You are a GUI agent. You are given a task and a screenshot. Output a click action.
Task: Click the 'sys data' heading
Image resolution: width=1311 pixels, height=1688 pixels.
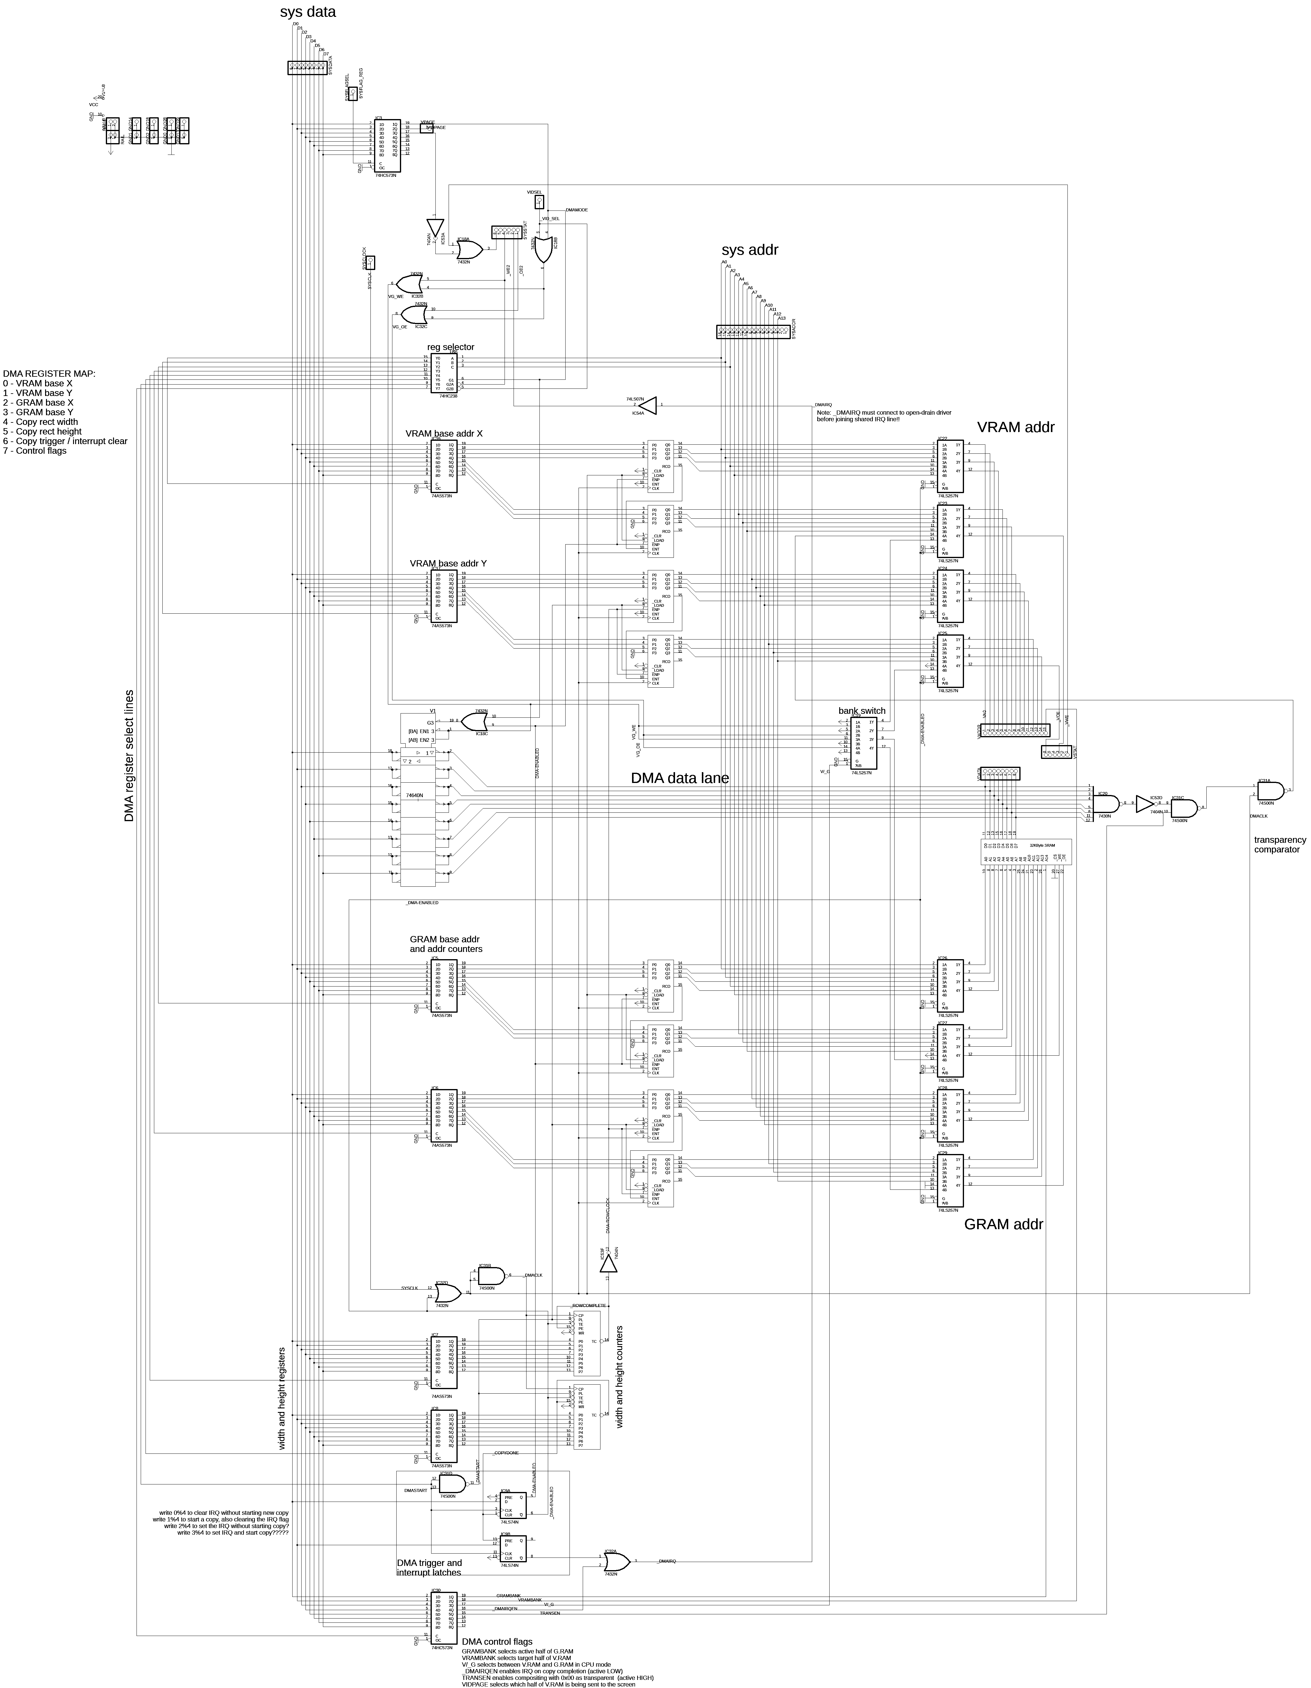[x=308, y=12]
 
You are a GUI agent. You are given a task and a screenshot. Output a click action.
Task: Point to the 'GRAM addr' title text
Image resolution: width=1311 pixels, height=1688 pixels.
[x=1003, y=1224]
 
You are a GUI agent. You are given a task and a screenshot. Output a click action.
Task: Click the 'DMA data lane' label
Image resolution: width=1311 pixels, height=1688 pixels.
[x=680, y=778]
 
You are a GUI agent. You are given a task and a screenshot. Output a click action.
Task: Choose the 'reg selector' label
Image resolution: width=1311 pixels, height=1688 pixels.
[x=451, y=347]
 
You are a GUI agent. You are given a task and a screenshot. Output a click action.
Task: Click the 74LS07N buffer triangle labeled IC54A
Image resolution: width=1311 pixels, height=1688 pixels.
[x=648, y=405]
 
